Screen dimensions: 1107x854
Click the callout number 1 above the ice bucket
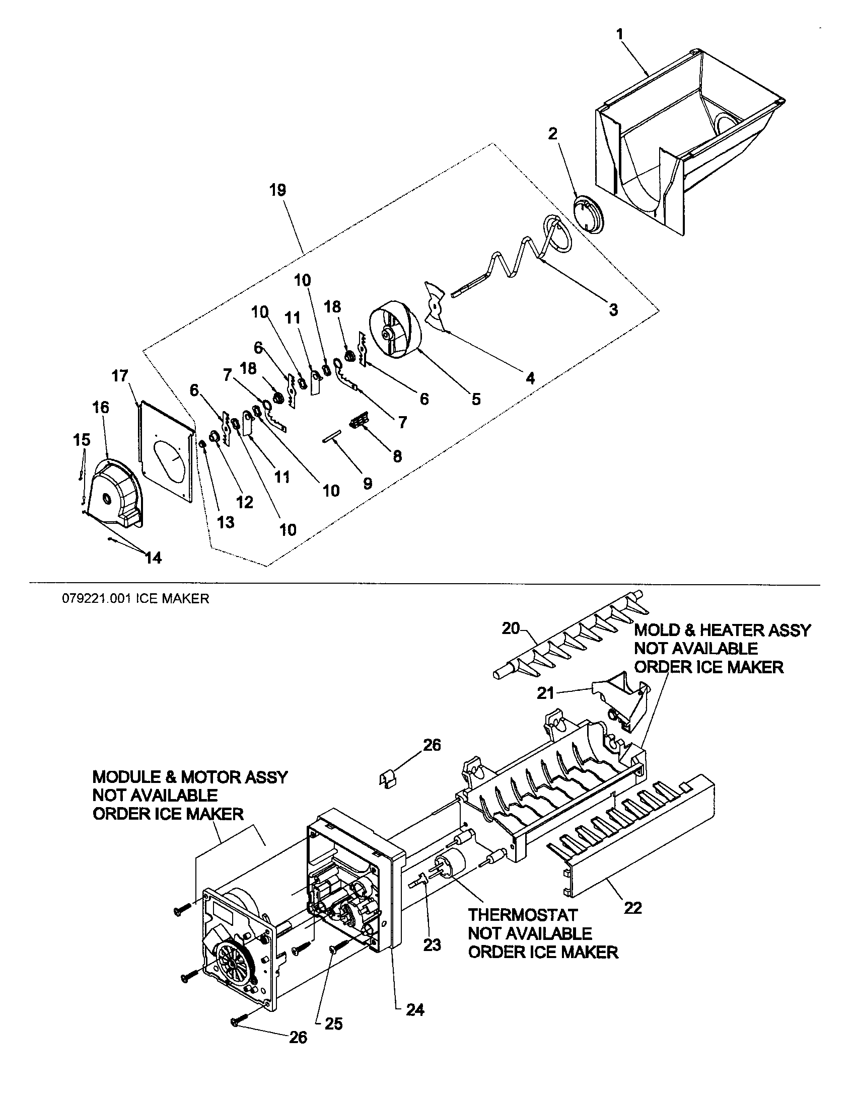[x=620, y=34]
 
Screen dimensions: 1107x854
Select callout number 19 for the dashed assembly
[x=278, y=190]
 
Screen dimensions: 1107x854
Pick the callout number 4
[x=530, y=377]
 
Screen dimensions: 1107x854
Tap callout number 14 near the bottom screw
[x=153, y=558]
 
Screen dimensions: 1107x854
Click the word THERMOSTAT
[x=522, y=915]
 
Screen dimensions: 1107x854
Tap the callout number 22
[x=633, y=907]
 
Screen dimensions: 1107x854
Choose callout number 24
[x=415, y=1010]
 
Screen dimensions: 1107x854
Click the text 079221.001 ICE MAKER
[x=135, y=599]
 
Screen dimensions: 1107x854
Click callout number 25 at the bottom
[x=333, y=1024]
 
